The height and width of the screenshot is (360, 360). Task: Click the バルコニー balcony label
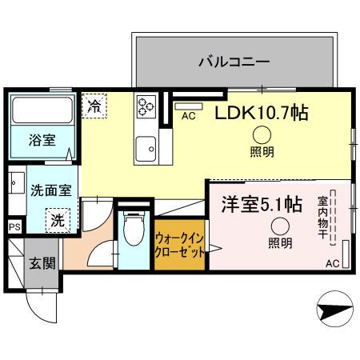(x=234, y=62)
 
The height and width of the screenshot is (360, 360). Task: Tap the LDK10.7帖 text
(x=261, y=114)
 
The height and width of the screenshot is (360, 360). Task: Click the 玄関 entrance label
(x=42, y=263)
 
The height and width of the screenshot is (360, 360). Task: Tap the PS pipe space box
(x=13, y=227)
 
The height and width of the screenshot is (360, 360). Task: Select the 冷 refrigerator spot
(x=94, y=105)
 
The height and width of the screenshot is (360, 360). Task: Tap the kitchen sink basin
(x=146, y=146)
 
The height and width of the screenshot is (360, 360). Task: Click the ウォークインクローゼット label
(x=178, y=243)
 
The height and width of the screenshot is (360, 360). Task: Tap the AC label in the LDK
(x=189, y=116)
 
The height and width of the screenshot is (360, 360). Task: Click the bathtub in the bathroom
(x=42, y=109)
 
